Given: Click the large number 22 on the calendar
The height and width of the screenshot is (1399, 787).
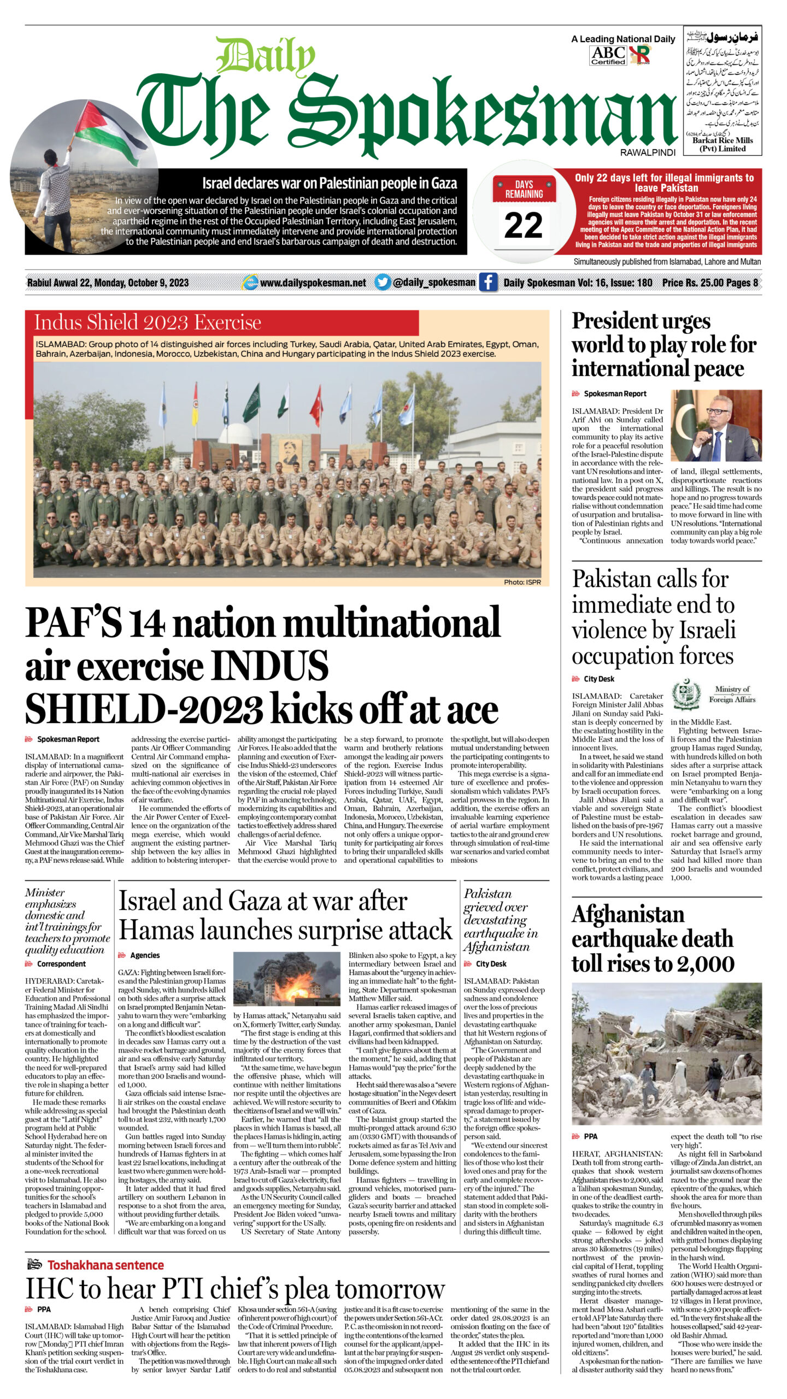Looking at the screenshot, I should tap(523, 225).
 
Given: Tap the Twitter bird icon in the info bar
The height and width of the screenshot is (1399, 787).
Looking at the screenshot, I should tap(383, 283).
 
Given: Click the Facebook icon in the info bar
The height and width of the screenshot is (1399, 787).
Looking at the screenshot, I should tap(488, 283).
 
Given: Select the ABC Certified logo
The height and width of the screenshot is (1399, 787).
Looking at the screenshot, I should tap(608, 55).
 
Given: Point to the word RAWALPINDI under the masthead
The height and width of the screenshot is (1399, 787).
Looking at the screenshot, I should tap(648, 153).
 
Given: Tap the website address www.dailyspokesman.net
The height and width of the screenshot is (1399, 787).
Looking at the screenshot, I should tap(313, 283).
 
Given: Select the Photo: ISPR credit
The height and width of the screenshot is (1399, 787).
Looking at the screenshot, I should tap(522, 582).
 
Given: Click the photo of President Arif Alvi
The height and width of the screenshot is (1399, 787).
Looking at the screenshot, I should tap(716, 426).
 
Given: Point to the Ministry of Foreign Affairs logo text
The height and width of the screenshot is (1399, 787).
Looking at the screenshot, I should tap(732, 694).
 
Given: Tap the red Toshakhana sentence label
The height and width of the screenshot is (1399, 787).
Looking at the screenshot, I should tap(105, 1265).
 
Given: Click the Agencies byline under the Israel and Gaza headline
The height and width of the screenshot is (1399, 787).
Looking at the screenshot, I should tap(145, 955).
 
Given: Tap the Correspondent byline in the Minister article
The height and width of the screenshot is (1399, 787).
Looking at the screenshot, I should tap(61, 964).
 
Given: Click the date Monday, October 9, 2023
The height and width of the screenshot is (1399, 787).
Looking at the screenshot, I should tap(141, 283).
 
